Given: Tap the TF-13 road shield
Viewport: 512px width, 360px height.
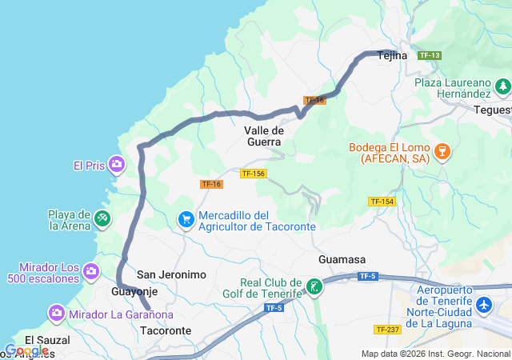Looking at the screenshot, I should pyautogui.click(x=430, y=55).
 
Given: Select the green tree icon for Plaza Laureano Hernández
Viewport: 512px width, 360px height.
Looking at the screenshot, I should pyautogui.click(x=502, y=86).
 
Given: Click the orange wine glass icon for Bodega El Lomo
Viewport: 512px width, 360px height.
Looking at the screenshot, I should pyautogui.click(x=441, y=150).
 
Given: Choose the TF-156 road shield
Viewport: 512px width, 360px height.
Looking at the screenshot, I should pyautogui.click(x=253, y=174).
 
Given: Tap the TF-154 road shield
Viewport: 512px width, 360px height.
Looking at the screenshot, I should pyautogui.click(x=382, y=202).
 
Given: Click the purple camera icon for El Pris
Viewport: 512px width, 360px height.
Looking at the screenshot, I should pyautogui.click(x=117, y=166).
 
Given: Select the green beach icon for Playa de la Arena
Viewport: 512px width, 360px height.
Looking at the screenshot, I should pyautogui.click(x=102, y=218).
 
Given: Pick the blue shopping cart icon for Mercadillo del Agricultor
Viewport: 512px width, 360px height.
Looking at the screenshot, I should pyautogui.click(x=186, y=218).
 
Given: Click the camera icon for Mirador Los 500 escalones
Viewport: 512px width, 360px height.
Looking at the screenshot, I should pyautogui.click(x=92, y=271).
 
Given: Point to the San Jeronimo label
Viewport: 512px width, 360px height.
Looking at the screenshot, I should pyautogui.click(x=171, y=274).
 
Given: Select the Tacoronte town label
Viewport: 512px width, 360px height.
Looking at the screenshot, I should pyautogui.click(x=166, y=330).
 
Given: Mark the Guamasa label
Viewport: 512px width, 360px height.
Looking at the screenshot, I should pyautogui.click(x=342, y=260).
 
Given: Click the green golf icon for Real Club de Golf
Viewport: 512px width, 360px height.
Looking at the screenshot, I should pyautogui.click(x=314, y=286).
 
